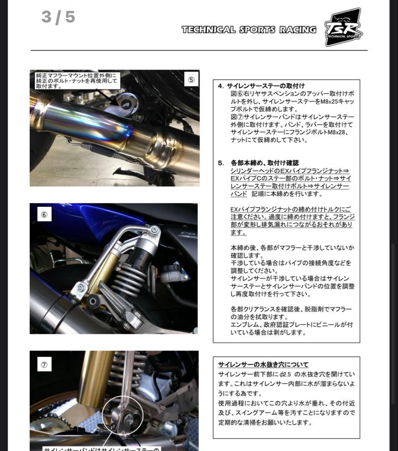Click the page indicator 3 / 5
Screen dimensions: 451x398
pos(58,17)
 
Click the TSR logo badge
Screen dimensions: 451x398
pos(343,27)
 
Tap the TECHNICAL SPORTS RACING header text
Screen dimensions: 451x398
pos(248,30)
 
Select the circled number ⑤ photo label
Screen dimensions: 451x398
pos(190,80)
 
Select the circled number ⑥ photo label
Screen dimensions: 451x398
pos(44,215)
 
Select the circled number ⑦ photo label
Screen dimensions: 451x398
pos(44,365)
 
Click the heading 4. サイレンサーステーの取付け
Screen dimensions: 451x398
pos(261,86)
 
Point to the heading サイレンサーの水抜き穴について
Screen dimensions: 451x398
pos(263,365)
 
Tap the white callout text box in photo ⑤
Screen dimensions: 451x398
pos(77,81)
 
